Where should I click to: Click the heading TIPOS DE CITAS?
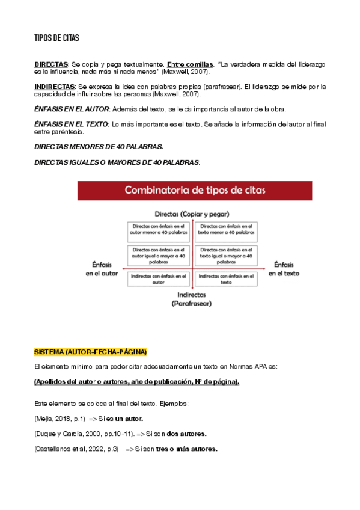[56, 38]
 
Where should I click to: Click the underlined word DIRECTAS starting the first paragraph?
[51, 64]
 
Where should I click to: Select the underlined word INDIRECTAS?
[54, 87]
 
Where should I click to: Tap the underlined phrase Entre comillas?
[190, 64]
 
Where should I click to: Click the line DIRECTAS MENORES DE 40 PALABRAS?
[99, 147]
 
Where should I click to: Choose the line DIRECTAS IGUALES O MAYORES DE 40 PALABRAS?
[117, 162]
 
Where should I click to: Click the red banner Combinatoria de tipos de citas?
[195, 190]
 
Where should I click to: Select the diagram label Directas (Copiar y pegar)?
[192, 214]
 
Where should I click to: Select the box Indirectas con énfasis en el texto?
[226, 278]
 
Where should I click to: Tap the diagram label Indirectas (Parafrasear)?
[192, 299]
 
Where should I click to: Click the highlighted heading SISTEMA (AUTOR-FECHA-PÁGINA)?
[90, 351]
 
